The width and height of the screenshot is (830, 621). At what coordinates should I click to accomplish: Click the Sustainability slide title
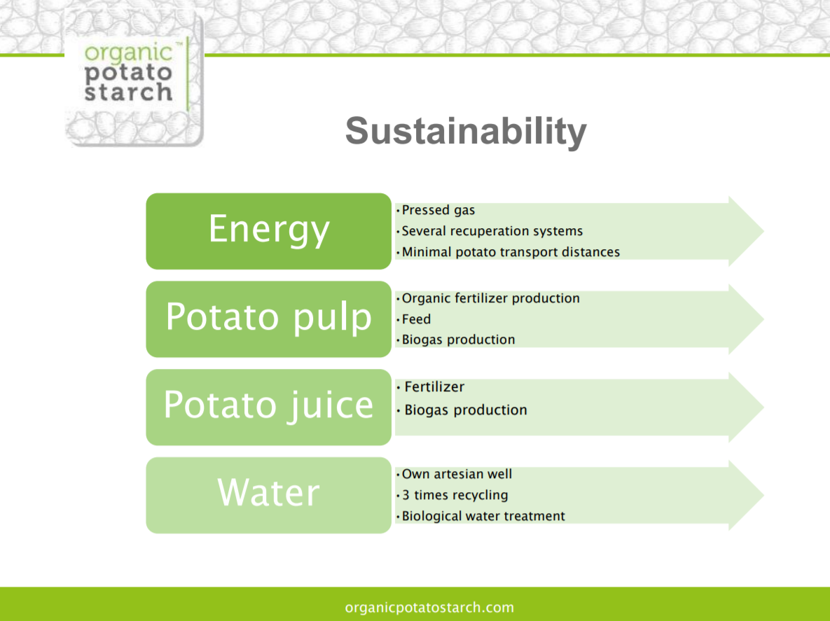click(x=466, y=131)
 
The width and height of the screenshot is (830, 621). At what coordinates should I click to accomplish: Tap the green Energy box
click(x=268, y=231)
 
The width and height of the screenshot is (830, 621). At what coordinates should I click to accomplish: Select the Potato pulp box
click(x=268, y=319)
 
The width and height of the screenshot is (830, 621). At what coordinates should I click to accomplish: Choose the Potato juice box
click(x=268, y=407)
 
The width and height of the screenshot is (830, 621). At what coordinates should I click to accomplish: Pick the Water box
click(x=268, y=495)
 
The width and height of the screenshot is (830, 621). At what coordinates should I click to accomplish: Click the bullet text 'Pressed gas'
click(x=438, y=211)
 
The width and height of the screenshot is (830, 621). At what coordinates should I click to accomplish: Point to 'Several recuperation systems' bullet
click(x=492, y=231)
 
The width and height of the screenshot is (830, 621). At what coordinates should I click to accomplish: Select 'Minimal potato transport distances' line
click(x=511, y=252)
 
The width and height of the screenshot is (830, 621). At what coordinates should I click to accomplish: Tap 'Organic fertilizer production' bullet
click(x=491, y=298)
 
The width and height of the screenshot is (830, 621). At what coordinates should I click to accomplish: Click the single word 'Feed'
click(x=417, y=319)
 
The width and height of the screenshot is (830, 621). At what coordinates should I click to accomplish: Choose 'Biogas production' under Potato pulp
click(x=458, y=340)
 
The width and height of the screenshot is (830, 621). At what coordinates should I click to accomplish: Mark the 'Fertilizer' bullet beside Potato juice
click(x=434, y=386)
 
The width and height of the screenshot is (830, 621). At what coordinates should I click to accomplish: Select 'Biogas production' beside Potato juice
click(x=466, y=410)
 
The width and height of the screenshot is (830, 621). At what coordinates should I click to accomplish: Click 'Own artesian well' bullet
click(x=457, y=474)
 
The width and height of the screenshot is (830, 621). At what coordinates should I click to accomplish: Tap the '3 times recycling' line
click(x=455, y=495)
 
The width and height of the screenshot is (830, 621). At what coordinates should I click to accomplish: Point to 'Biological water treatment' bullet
click(x=483, y=516)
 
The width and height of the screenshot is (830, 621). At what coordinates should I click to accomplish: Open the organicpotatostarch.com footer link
click(x=429, y=607)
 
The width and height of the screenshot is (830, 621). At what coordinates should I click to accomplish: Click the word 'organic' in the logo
click(x=129, y=53)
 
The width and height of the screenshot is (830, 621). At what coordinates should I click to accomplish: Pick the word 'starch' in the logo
click(x=129, y=92)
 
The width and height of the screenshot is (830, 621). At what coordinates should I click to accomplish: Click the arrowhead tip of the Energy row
click(x=763, y=231)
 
